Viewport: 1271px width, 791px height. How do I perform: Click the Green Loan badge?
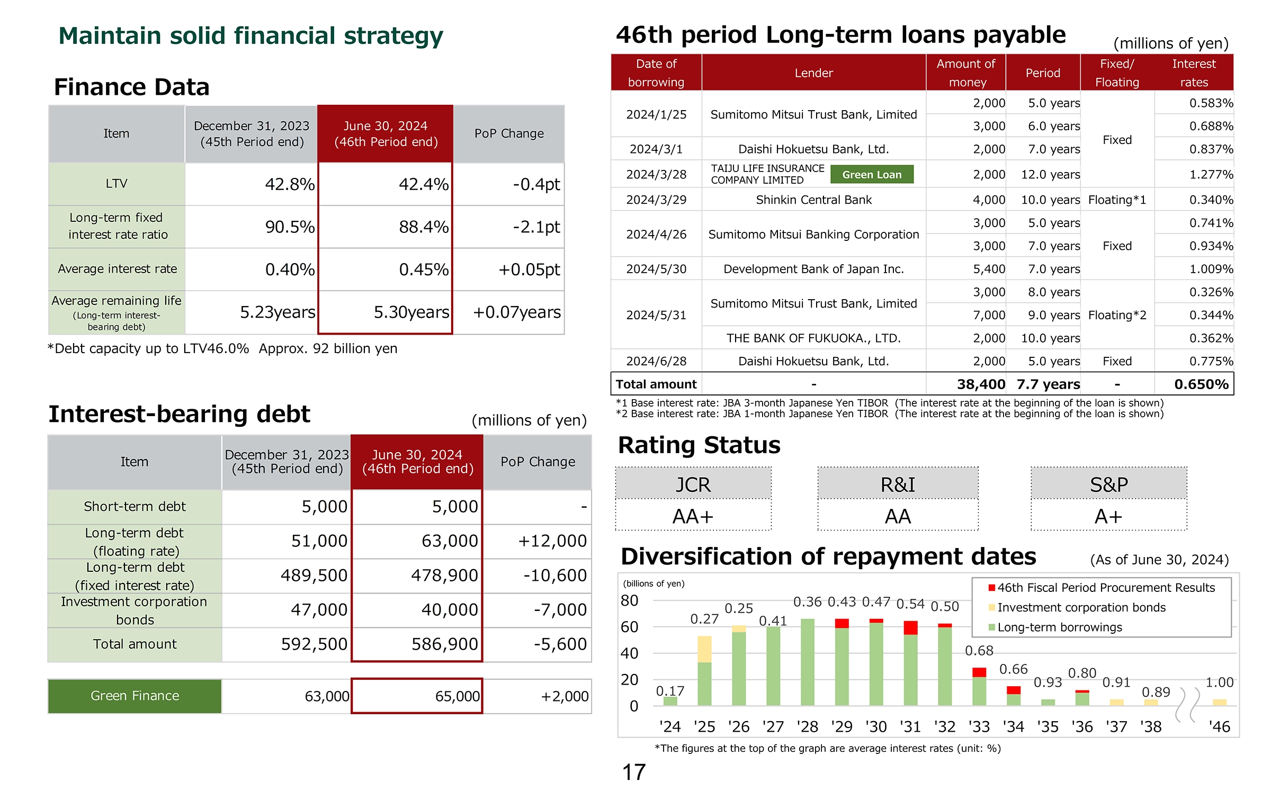[x=872, y=175]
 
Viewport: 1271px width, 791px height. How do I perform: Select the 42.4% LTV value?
[x=424, y=184]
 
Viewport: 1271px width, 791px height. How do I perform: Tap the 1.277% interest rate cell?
[x=1211, y=175]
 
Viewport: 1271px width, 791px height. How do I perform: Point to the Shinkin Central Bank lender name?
[x=813, y=200]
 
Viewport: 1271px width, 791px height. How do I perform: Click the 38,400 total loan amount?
[x=981, y=384]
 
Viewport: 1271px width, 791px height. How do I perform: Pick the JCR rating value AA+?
[x=693, y=516]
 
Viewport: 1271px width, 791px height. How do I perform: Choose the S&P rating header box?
[x=1109, y=484]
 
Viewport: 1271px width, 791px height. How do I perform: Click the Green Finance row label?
[x=135, y=696]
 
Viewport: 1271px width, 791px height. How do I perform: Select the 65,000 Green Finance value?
[x=458, y=696]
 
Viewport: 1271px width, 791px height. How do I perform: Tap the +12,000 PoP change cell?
[x=552, y=541]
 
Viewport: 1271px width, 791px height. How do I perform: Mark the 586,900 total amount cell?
[x=445, y=644]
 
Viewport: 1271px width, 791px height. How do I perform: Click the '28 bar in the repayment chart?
[x=808, y=662]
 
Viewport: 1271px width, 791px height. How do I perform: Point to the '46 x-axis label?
[x=1220, y=726]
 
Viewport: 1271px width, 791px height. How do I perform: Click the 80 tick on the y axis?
[x=630, y=600]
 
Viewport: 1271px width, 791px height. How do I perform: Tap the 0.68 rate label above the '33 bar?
[x=979, y=650]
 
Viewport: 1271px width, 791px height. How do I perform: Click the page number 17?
[x=634, y=772]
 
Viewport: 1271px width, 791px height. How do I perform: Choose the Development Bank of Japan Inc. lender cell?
[x=813, y=269]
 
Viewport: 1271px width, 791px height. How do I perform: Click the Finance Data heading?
[x=132, y=87]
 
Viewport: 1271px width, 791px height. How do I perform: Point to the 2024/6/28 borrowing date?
[x=656, y=361]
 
